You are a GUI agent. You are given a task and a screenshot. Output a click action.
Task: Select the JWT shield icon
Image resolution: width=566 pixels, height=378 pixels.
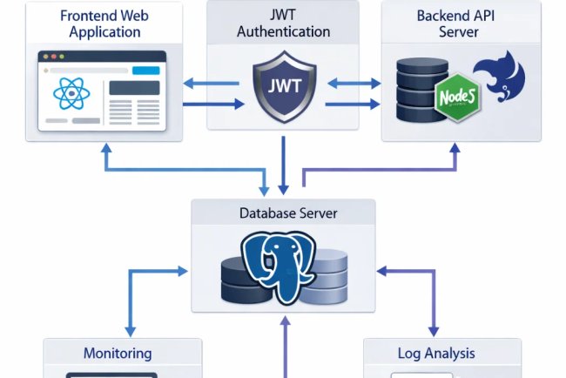(284, 87)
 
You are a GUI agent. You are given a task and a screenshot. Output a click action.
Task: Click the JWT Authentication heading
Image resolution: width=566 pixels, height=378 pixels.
(284, 24)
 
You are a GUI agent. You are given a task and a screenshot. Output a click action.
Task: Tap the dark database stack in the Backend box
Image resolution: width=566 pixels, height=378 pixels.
(416, 91)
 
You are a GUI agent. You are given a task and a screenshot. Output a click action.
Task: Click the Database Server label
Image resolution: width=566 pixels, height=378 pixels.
(283, 213)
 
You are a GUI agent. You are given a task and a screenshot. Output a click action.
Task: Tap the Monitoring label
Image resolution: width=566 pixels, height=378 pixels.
(118, 353)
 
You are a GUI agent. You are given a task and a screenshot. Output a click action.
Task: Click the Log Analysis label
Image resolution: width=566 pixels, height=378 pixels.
(436, 353)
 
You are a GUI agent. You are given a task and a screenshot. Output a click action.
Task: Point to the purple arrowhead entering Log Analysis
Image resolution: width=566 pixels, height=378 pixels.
(433, 330)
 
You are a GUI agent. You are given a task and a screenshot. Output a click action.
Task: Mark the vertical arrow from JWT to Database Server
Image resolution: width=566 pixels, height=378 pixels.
(284, 165)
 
